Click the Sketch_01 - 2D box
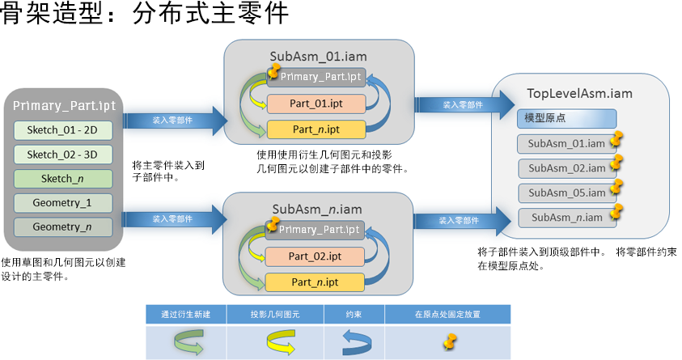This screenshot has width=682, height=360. pyautogui.click(x=62, y=130)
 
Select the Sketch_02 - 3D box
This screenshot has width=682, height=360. pyautogui.click(x=62, y=155)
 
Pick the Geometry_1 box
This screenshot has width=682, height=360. pyautogui.click(x=62, y=202)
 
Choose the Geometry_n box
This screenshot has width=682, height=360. pyautogui.click(x=62, y=227)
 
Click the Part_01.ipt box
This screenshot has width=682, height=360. pyautogui.click(x=316, y=104)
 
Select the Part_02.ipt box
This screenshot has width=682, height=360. pyautogui.click(x=316, y=256)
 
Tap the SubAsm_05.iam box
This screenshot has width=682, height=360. pyautogui.click(x=566, y=193)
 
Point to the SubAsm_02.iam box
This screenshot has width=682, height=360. pyautogui.click(x=566, y=168)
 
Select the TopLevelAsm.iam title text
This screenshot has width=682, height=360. pyautogui.click(x=579, y=94)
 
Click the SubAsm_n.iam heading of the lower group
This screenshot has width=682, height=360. pyautogui.click(x=316, y=209)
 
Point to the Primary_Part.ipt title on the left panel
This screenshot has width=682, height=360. pyautogui.click(x=64, y=106)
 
